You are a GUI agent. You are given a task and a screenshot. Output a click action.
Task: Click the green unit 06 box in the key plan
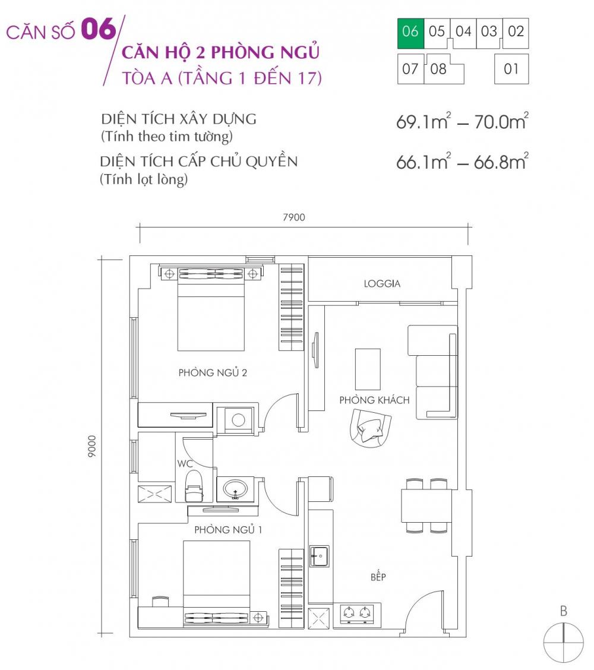coord(410,32)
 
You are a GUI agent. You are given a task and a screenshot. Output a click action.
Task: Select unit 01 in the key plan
coord(511,69)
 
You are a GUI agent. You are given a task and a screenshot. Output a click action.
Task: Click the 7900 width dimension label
coord(293,217)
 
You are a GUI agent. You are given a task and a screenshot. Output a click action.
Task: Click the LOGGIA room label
coord(382,284)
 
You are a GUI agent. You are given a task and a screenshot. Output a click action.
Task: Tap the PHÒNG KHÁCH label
coord(374,400)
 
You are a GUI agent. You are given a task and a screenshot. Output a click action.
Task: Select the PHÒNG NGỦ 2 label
coord(212,373)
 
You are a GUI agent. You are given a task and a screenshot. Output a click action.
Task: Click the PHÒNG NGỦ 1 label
coord(228,530)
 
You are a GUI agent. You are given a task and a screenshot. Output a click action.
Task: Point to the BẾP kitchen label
coord(378,577)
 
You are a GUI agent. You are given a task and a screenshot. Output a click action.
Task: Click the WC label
coord(182,463)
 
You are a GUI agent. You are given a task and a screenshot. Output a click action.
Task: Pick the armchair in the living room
coord(369,427)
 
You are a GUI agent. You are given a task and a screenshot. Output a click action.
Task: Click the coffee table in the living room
coord(368,368)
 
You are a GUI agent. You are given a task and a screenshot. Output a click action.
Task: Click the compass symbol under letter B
coord(564,643)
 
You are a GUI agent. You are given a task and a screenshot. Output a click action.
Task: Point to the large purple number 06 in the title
coord(99,29)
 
